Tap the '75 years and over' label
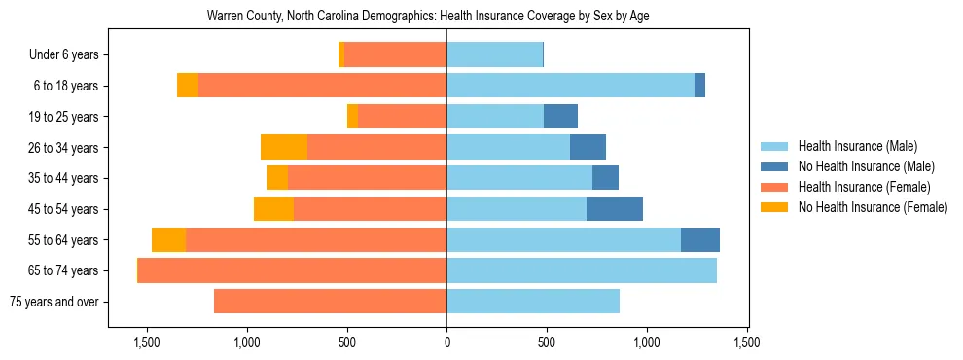[53, 302]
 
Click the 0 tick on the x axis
[446, 342]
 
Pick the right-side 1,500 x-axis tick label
[746, 342]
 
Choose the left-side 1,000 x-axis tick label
[247, 342]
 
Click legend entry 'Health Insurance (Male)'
[857, 146]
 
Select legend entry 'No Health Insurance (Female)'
[873, 207]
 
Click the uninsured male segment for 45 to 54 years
[615, 209]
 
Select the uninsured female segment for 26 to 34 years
[284, 148]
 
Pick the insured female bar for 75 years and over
[331, 302]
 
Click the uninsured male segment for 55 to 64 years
[700, 240]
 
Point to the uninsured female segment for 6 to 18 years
[188, 86]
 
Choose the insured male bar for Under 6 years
[494, 55]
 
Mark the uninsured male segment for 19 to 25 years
[560, 117]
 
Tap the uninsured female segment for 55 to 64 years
[168, 240]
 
